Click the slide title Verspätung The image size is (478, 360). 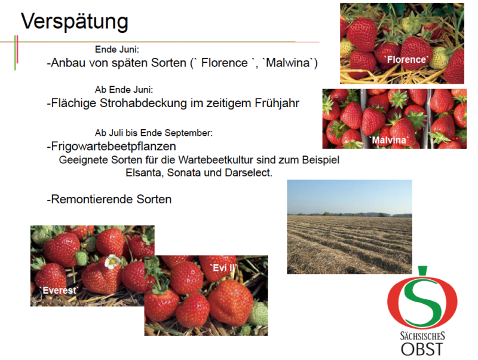coord(75,22)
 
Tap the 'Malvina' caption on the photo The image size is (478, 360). coord(390,140)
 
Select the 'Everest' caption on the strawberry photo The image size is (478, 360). coord(59,290)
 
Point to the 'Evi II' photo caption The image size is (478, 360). coord(223,268)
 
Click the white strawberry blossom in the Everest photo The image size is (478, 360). coord(112,261)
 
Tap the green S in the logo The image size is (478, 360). coord(422,301)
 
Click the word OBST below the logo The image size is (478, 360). coord(422,349)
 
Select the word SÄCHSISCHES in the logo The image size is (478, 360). coord(422,336)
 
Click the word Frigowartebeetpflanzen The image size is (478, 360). coord(114,147)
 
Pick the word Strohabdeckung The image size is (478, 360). coord(143,103)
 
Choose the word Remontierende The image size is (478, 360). coord(92,199)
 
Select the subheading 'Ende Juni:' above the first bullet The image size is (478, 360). coord(117,50)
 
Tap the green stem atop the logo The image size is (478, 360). coord(422,270)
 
